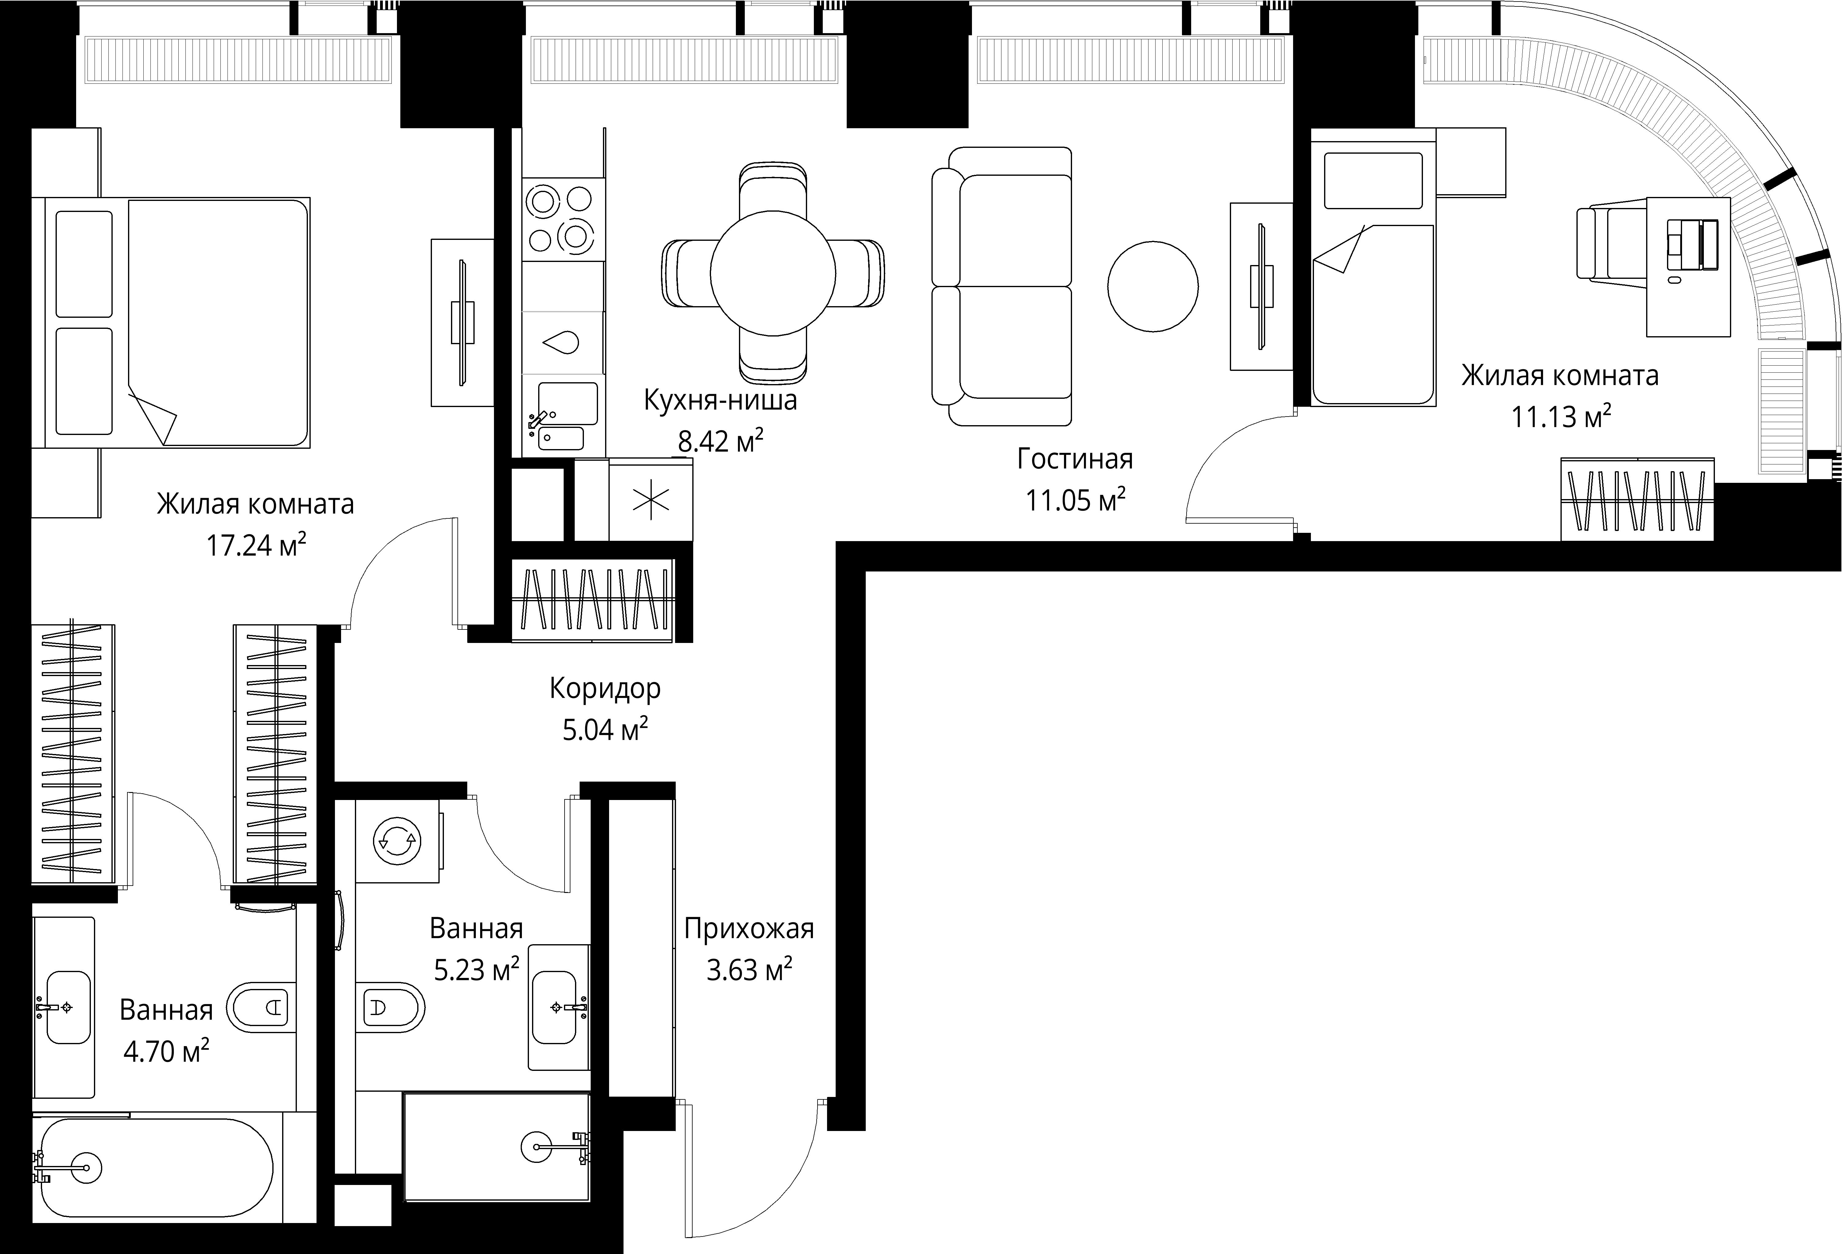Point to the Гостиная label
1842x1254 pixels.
pos(1075,459)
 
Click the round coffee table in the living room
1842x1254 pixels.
pos(1152,287)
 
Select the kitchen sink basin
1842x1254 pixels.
pos(568,404)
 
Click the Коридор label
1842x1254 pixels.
pos(605,688)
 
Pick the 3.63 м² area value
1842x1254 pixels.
pos(749,970)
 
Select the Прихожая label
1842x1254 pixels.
pos(749,928)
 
